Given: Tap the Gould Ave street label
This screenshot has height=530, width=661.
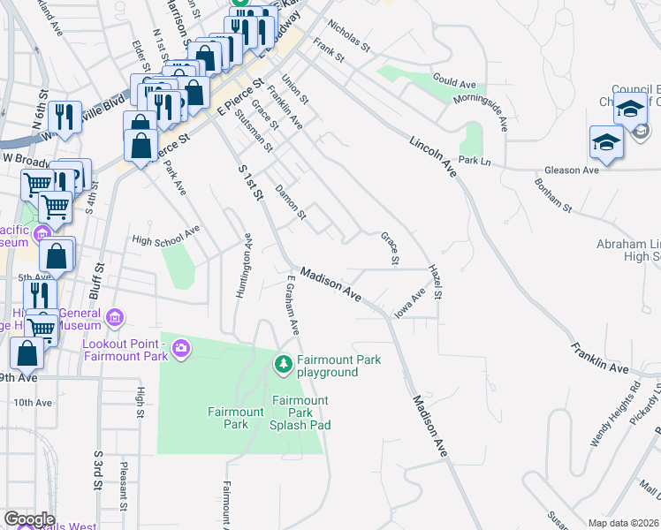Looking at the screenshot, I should tap(455, 82).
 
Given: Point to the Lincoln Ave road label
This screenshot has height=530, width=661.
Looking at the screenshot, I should tap(433, 155).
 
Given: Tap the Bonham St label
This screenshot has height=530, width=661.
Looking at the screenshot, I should tap(553, 195).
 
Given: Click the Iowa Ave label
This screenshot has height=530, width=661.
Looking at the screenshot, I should tap(411, 302).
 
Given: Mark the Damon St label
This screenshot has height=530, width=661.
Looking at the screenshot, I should tap(290, 201).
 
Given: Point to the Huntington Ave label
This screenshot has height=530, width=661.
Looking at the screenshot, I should tap(244, 265).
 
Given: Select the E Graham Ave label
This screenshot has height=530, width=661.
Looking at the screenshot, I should tap(291, 306).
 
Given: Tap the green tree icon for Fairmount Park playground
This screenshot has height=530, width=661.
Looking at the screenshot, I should tap(284, 364).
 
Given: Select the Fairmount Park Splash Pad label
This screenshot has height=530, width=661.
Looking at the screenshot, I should tap(300, 413).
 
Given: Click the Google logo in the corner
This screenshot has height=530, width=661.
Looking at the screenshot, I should tap(28, 519).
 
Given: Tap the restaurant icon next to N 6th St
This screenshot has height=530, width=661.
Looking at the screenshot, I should tap(64, 115).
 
